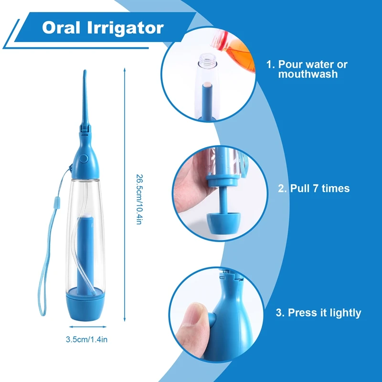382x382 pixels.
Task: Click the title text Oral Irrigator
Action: (102, 27)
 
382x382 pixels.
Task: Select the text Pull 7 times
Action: (314, 188)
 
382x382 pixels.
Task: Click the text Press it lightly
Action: (318, 313)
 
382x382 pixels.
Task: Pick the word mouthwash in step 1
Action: (308, 74)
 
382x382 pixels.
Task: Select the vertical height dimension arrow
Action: (125, 196)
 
